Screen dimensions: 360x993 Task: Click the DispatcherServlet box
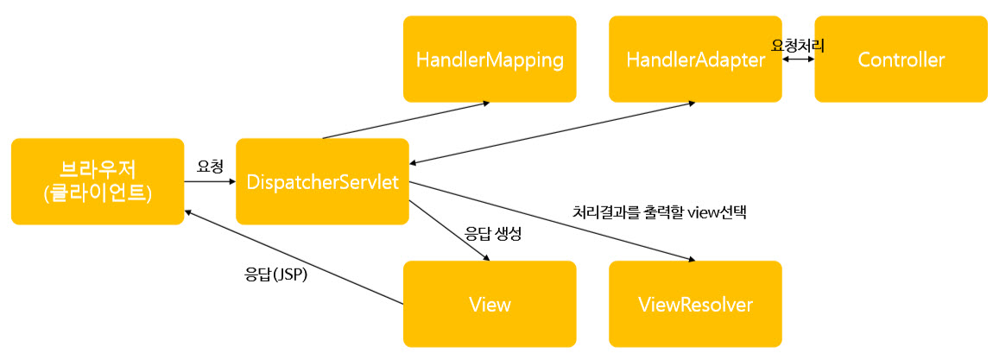(322, 181)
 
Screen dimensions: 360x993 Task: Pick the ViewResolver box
(695, 304)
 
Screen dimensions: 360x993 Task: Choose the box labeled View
(490, 304)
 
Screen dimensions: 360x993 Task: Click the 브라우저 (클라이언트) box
(98, 181)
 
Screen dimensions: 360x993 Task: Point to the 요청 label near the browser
(210, 165)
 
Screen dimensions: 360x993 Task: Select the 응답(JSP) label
(277, 278)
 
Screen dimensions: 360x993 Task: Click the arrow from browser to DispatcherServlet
(210, 182)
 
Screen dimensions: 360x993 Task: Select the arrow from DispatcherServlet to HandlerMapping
(406, 120)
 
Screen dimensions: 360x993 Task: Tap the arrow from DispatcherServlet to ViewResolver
(553, 221)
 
